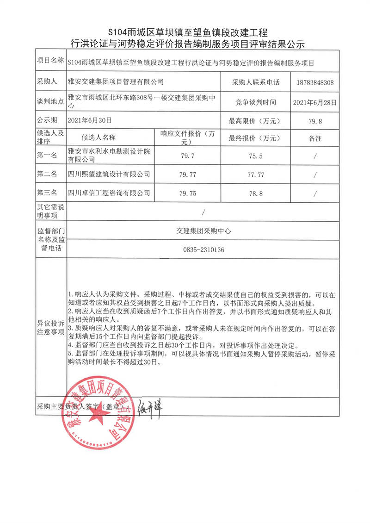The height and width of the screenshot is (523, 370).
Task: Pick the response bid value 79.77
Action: coord(190,174)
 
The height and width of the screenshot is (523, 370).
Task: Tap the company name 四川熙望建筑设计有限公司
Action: coord(109,174)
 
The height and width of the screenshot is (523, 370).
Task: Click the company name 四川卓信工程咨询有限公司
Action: coord(109,193)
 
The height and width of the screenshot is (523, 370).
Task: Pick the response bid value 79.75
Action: coord(190,193)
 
